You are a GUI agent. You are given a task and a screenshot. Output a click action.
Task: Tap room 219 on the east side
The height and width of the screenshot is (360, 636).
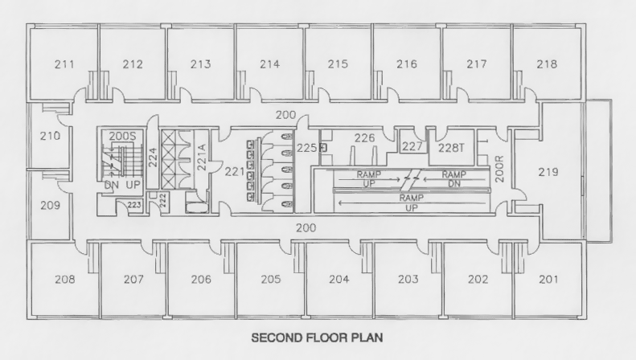coord(549,171)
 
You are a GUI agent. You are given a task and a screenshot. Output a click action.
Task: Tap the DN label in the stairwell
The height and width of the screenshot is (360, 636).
coord(113,185)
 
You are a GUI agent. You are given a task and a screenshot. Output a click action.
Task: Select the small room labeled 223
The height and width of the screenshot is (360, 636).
coord(133,206)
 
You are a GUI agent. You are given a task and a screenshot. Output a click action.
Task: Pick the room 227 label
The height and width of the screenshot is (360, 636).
coord(412,146)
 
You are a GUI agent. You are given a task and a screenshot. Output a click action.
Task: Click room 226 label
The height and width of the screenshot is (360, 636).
coord(364,138)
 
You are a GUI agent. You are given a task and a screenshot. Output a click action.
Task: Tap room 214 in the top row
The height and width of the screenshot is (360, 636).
coord(270,63)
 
